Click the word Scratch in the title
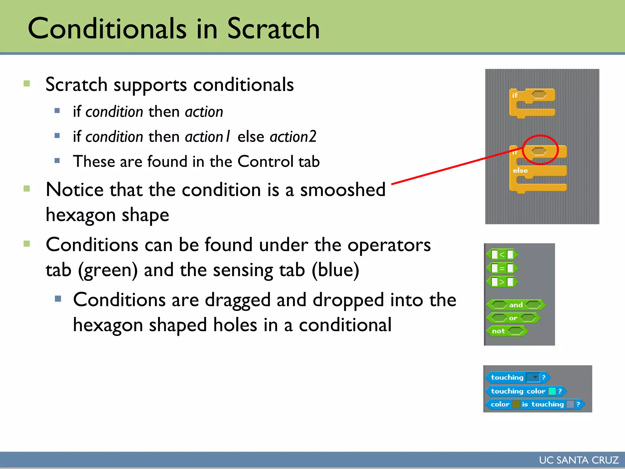point(273,29)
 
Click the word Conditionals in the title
point(107,29)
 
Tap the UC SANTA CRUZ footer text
point(579,460)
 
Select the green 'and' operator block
point(516,305)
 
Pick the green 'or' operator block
point(513,318)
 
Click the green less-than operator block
point(502,254)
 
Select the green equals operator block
point(502,268)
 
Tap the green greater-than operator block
point(502,282)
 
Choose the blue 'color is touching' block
point(534,404)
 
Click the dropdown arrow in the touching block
point(535,377)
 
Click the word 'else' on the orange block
point(520,171)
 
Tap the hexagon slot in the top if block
point(539,95)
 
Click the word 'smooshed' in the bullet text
point(343,190)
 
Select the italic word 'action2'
point(293,136)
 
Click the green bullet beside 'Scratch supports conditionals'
point(27,84)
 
